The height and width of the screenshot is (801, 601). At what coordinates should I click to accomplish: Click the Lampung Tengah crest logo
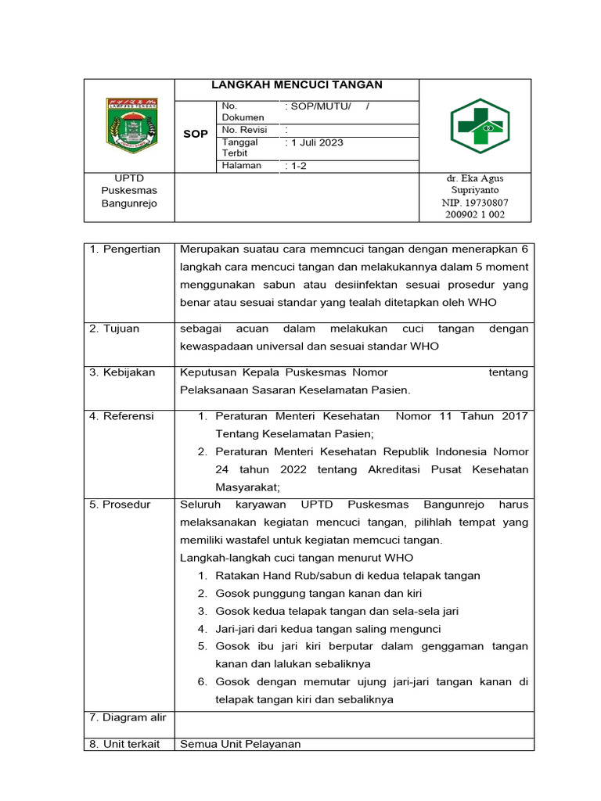coord(131,125)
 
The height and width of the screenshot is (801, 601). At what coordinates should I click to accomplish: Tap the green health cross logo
coord(479,126)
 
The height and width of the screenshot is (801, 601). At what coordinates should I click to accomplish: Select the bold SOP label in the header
coord(195,134)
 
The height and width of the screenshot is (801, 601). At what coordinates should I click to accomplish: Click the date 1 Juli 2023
coord(316,143)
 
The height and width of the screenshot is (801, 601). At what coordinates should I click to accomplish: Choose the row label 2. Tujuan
coord(114,329)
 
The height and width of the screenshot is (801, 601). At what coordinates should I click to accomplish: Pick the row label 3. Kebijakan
coord(122,372)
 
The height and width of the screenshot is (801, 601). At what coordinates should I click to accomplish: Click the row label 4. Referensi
coord(121,416)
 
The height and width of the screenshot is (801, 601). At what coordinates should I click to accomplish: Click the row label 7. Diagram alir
coord(128,717)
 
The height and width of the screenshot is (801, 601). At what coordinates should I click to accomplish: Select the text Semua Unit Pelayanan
coord(240,744)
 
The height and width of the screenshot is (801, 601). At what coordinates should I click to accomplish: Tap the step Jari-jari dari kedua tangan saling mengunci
coord(329,629)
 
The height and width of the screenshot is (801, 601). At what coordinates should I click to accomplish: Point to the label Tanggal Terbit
coord(240,148)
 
